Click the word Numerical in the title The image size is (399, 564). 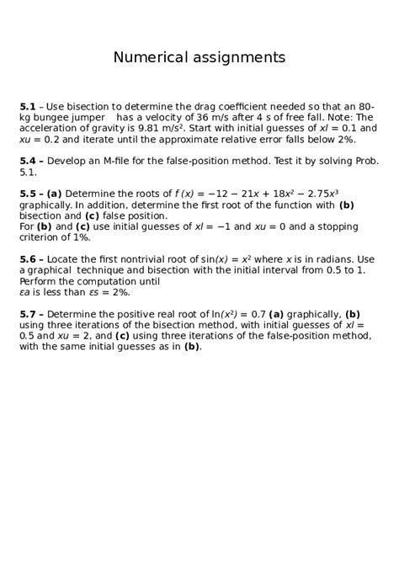point(151,58)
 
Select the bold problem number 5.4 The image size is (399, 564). point(28,161)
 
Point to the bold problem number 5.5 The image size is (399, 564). point(28,193)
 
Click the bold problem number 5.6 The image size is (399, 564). point(28,259)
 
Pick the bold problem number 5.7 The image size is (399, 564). point(28,314)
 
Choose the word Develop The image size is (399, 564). point(71,161)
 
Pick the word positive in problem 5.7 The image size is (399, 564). point(131,314)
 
